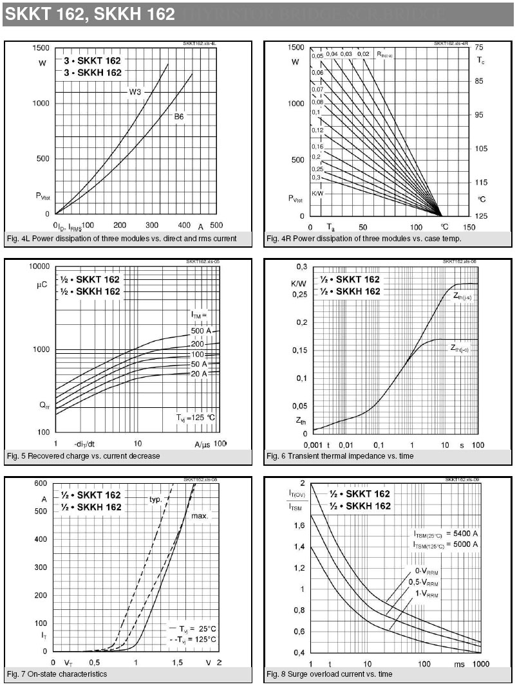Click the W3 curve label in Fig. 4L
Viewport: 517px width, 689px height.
[x=135, y=92]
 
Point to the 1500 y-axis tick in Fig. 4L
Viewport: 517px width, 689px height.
[x=41, y=48]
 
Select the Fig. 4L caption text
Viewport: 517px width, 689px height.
[x=122, y=239]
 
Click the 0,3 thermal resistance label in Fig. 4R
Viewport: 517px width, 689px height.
[x=316, y=177]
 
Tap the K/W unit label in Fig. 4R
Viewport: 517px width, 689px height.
[x=318, y=193]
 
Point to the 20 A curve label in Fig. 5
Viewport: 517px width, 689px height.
[x=199, y=374]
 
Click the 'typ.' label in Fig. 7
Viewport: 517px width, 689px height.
[x=155, y=499]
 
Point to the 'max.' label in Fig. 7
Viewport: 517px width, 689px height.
[x=200, y=516]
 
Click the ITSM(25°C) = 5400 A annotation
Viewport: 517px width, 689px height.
[x=446, y=533]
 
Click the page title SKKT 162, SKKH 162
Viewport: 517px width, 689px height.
[x=89, y=14]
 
